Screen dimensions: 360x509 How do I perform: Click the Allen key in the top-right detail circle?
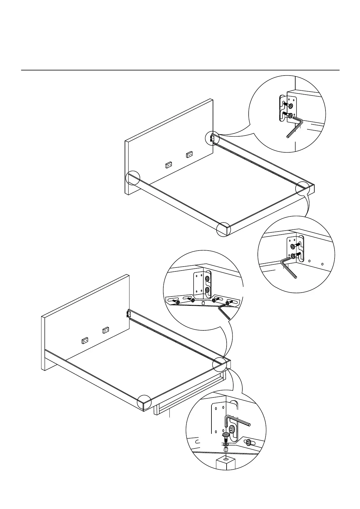coord(295,128)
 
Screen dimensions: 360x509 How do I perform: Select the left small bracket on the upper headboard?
coord(169,165)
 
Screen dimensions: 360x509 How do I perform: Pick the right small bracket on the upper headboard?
coord(189,154)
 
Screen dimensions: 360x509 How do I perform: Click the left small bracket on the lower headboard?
coord(85,341)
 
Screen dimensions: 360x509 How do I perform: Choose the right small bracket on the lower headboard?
coord(105,330)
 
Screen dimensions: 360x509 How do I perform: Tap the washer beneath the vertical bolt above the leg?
coord(226,444)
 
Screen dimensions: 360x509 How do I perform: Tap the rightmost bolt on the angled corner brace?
coord(229,302)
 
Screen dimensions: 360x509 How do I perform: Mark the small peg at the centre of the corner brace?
coord(203,303)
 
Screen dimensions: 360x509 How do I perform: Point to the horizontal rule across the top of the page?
coord(180,70)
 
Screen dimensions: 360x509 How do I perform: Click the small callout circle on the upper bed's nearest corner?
coord(224,229)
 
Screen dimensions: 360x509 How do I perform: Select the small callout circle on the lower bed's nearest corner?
coord(144,403)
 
